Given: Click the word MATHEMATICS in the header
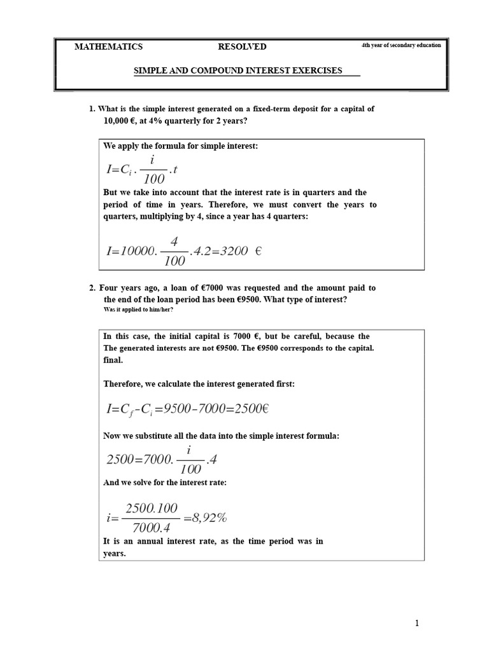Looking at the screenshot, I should (x=109, y=46).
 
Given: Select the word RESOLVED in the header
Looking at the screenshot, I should (x=242, y=46).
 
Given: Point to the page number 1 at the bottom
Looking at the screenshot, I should (x=417, y=624).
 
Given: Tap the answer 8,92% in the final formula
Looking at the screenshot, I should (x=205, y=517).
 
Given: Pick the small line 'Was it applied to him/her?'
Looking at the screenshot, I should (x=138, y=310).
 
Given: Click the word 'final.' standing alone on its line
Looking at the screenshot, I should (x=113, y=360).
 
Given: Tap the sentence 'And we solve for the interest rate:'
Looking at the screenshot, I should (x=165, y=483).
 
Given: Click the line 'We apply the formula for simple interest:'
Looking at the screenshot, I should (x=180, y=146).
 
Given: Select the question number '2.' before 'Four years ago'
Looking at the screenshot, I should (x=92, y=288).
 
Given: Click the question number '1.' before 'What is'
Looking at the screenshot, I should (x=92, y=109).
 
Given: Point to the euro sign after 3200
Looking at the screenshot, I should (x=258, y=250).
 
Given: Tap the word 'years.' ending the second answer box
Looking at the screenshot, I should (x=115, y=553).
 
